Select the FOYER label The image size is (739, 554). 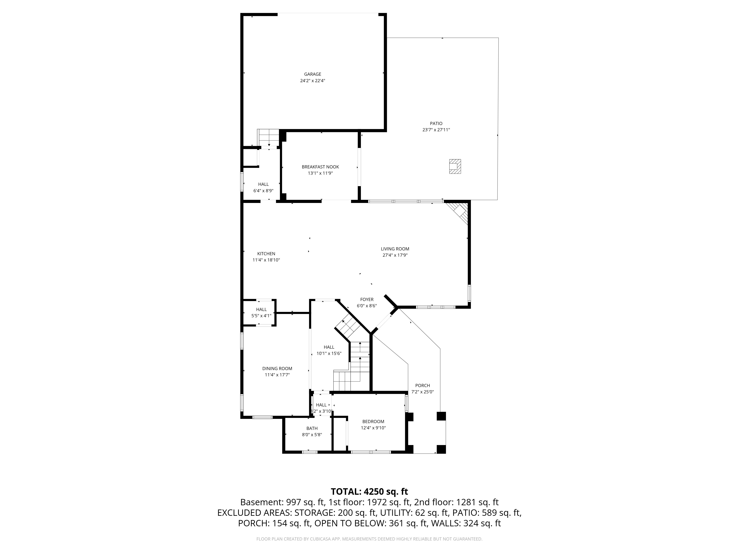367,300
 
